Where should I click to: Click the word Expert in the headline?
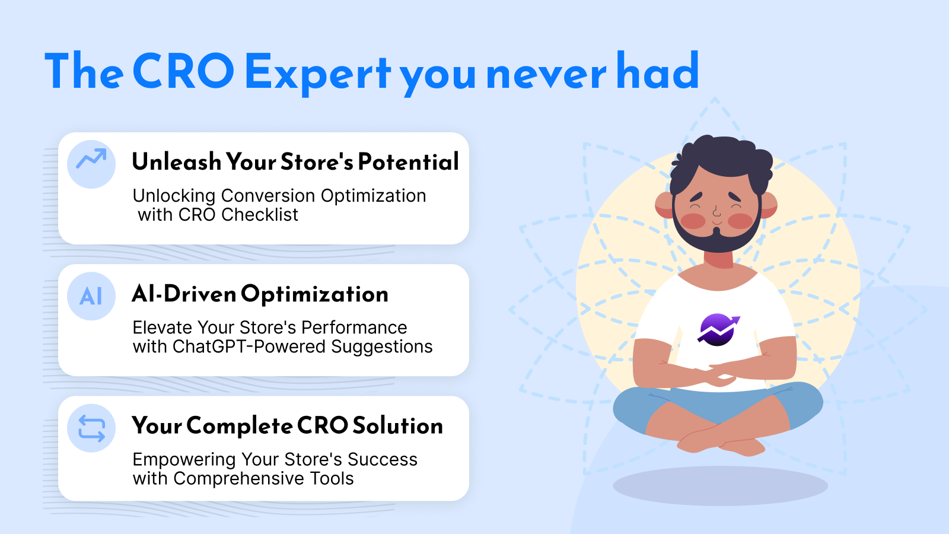click(317, 72)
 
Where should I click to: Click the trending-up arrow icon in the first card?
click(91, 159)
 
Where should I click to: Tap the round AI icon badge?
click(91, 296)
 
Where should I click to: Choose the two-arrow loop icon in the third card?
click(91, 428)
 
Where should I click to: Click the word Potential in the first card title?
click(408, 161)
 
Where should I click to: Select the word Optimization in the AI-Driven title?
click(314, 294)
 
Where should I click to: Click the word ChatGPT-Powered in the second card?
click(249, 347)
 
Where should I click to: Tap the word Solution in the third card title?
click(397, 426)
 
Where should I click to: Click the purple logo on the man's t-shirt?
click(718, 329)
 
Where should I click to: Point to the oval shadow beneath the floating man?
click(720, 485)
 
